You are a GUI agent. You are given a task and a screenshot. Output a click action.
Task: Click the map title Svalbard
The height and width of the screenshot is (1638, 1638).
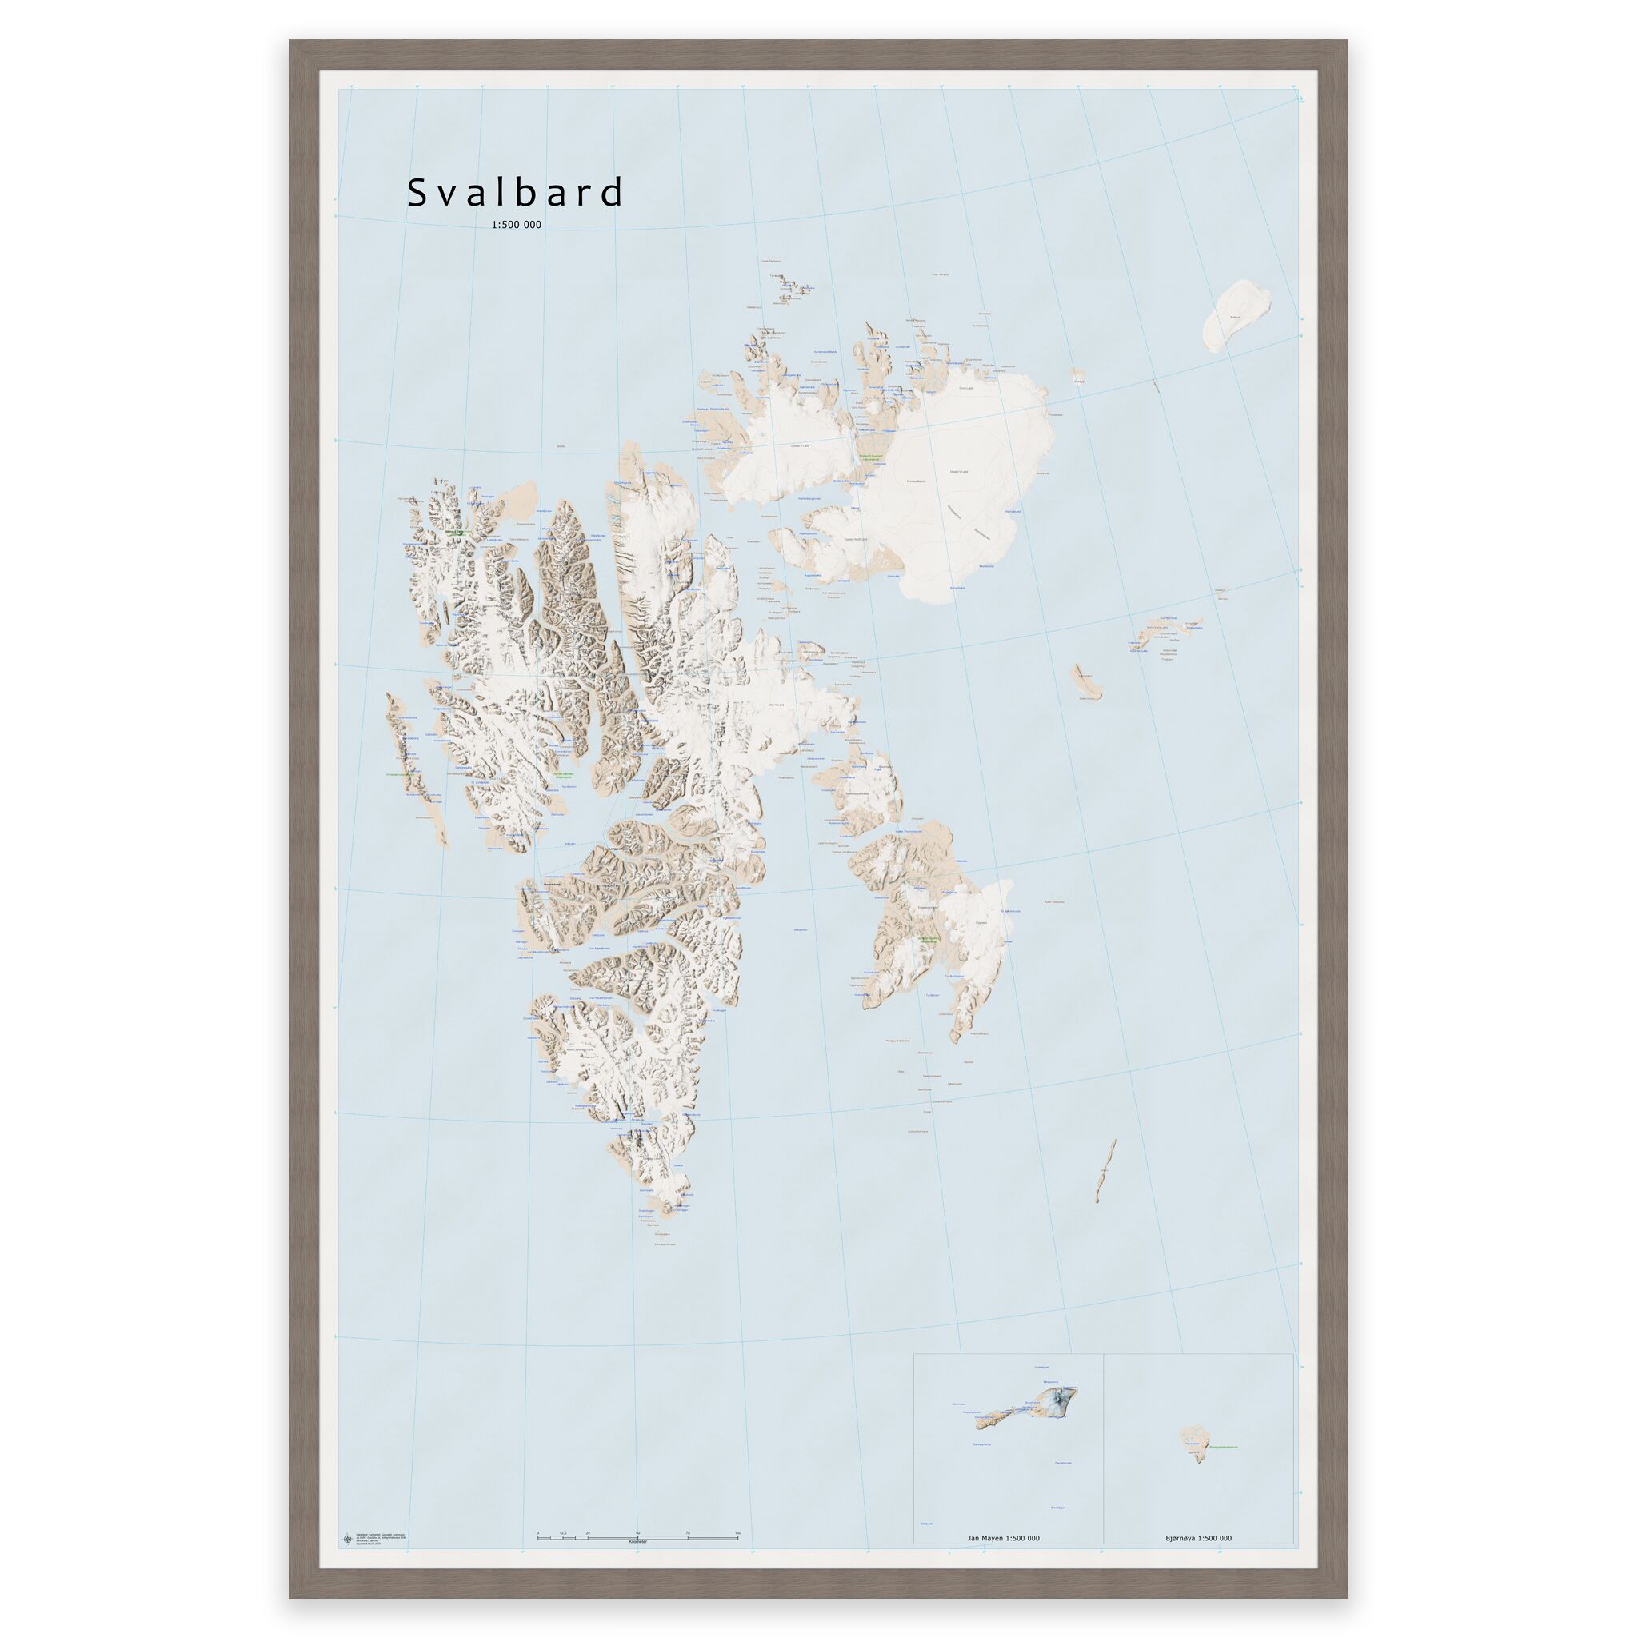tap(516, 194)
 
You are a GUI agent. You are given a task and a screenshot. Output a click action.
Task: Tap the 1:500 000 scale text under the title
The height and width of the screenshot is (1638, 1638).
tap(516, 225)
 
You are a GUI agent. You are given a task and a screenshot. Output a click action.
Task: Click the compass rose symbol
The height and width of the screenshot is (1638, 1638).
tap(346, 1515)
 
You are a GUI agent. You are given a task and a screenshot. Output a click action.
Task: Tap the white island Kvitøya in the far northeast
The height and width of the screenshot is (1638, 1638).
tap(1238, 316)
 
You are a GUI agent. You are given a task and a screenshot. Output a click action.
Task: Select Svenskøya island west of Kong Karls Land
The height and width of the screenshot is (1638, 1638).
tap(1085, 681)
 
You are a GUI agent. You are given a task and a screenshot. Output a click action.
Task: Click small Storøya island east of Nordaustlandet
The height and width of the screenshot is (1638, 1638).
tap(1077, 376)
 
